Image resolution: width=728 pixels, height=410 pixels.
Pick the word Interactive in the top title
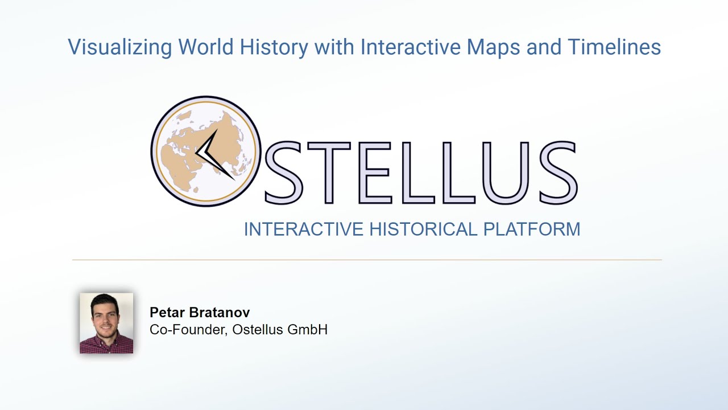411,47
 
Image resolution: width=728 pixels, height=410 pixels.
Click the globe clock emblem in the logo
206,151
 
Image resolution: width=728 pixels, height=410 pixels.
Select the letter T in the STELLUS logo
332,173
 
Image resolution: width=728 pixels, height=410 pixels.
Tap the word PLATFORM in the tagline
532,229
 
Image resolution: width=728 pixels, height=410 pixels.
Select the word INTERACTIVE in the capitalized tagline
303,229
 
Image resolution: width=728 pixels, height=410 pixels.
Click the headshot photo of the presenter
106,323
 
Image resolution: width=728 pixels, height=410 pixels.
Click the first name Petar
166,312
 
